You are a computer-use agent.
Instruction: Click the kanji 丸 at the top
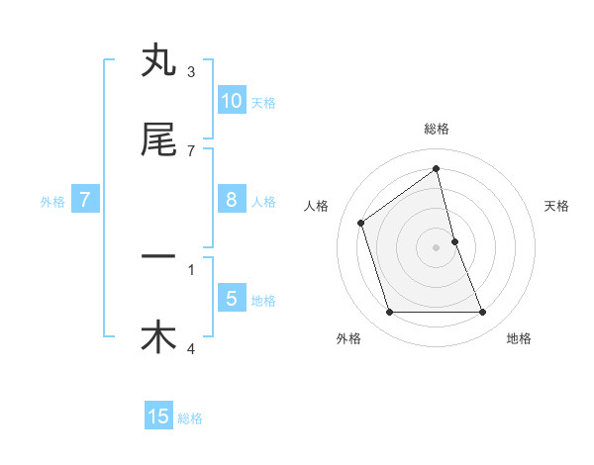click(x=158, y=61)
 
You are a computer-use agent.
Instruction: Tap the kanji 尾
click(x=158, y=140)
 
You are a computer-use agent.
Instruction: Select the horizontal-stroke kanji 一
click(x=158, y=257)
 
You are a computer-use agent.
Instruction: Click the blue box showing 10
click(x=231, y=100)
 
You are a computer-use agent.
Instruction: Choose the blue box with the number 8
click(x=231, y=200)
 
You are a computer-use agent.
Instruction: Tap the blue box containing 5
click(x=231, y=298)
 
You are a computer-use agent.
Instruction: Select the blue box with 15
click(x=158, y=417)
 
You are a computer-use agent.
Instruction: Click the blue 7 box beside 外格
click(x=85, y=200)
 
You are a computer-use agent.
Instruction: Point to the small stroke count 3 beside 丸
click(x=191, y=72)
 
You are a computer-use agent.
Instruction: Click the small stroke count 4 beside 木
click(x=191, y=348)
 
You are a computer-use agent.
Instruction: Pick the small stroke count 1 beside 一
click(x=191, y=268)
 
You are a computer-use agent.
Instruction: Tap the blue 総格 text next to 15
click(x=190, y=418)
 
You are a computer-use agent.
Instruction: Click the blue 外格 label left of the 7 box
click(x=52, y=202)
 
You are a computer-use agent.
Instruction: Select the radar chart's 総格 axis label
click(x=437, y=129)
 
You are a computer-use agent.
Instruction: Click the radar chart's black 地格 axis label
click(x=519, y=338)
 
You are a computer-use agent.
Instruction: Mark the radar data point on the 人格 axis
click(x=361, y=223)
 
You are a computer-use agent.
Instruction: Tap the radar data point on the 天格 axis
click(x=454, y=241)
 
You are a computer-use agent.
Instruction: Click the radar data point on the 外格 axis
click(x=389, y=313)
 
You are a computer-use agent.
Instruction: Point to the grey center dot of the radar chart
click(x=437, y=247)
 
